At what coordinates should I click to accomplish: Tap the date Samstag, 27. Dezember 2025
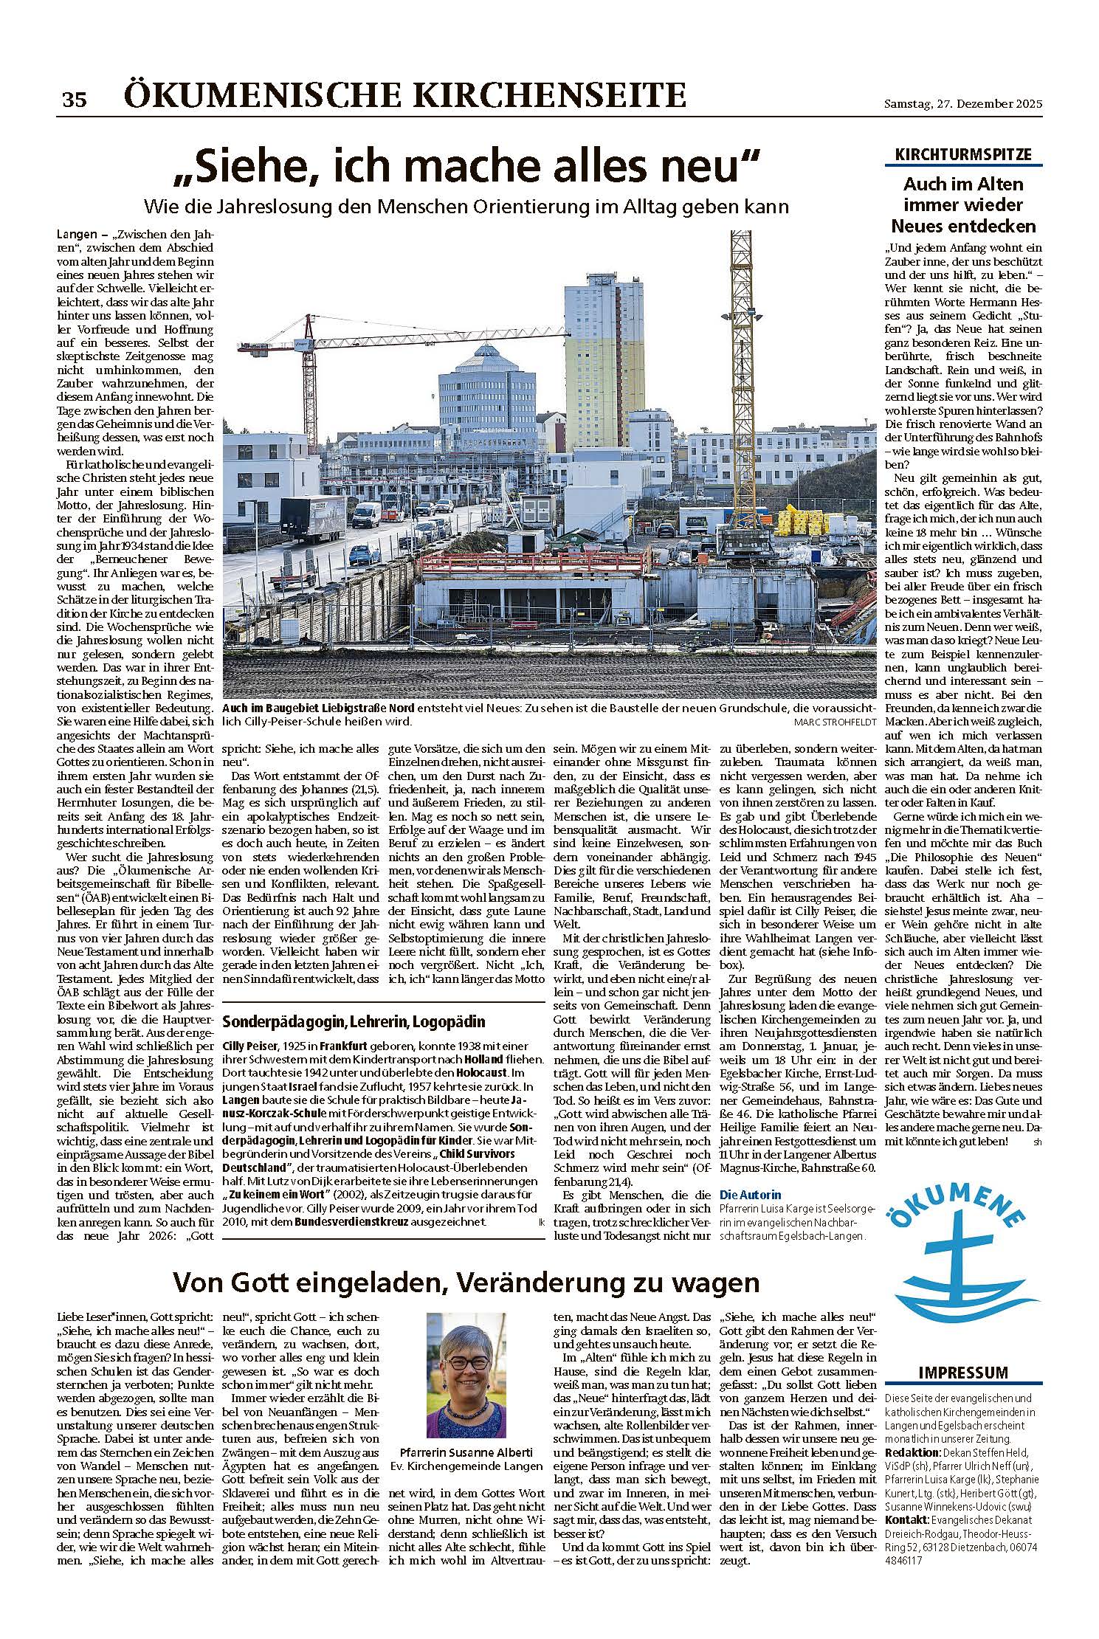click(x=963, y=104)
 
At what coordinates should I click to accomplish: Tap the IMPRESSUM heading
click(x=963, y=1372)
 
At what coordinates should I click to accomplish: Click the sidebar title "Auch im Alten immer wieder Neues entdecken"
click(x=963, y=204)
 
